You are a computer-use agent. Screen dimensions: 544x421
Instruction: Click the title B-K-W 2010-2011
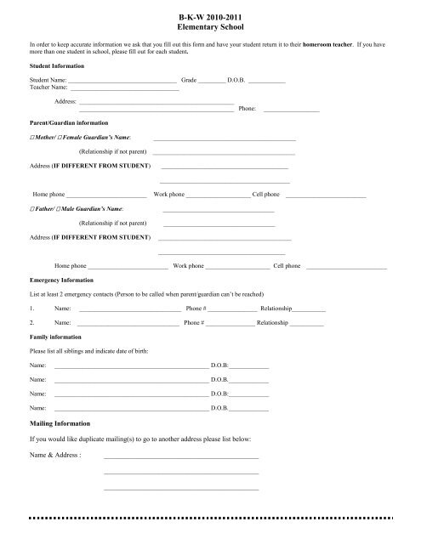(210, 14)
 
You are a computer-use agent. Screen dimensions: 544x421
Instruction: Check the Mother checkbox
(31, 137)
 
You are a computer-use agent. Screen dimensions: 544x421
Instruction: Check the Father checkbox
(31, 208)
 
